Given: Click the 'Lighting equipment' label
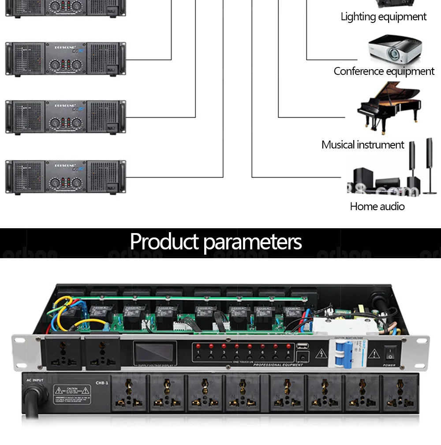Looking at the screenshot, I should [383, 17].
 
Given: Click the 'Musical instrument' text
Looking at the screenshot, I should [363, 145].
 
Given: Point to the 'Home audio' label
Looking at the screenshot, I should [377, 206].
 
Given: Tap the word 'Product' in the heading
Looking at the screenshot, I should [164, 242].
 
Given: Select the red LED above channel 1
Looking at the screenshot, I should [198, 346].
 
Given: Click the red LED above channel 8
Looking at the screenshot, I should [289, 346].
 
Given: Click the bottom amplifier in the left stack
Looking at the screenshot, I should [65, 177].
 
